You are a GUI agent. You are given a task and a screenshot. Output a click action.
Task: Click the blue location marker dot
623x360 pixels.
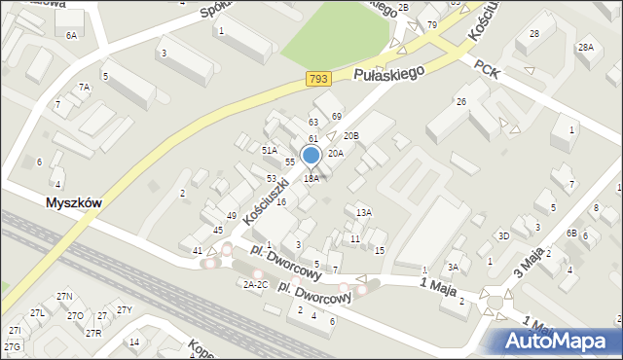pos(311,155)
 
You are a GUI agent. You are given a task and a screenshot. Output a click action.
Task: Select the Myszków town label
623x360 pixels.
pos(74,202)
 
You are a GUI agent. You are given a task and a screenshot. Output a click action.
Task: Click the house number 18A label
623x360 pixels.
pos(311,179)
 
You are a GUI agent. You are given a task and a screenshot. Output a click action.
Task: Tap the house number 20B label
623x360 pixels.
pos(351,136)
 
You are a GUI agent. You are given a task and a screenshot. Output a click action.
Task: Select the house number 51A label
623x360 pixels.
pos(269,150)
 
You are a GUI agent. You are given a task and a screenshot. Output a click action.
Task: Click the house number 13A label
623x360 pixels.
pos(364,212)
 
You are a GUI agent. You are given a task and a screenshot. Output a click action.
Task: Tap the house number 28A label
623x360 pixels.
pos(585,47)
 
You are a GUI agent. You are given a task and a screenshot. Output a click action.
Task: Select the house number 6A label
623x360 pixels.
pos(71,35)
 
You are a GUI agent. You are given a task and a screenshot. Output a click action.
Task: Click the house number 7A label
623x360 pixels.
pos(85,88)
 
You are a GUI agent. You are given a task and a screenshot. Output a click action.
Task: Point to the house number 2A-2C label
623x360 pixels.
pos(255,284)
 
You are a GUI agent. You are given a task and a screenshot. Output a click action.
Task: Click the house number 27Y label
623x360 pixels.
pos(124,310)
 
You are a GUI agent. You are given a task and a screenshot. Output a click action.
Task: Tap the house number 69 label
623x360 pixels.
pos(337,117)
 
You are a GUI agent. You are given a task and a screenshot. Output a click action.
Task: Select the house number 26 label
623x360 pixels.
pos(461,101)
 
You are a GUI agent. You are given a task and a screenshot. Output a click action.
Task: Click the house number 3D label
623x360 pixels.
pos(503,235)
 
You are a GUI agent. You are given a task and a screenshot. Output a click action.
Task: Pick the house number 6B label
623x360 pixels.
pos(572,234)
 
